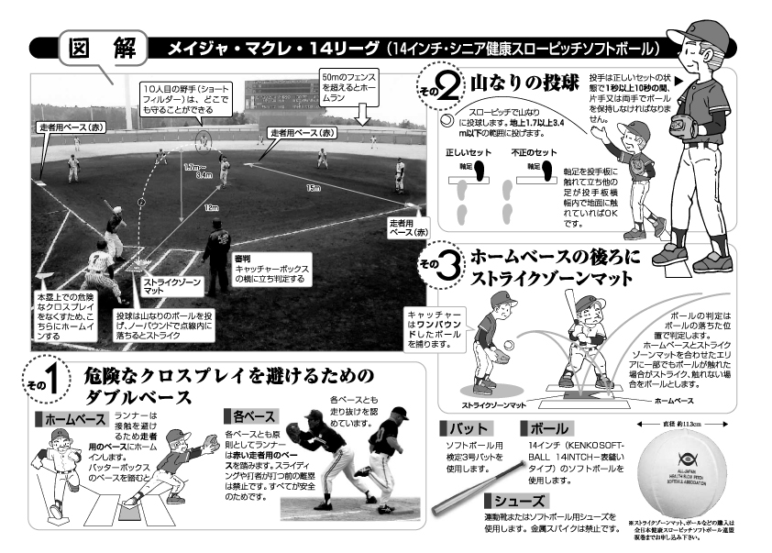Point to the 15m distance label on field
(314, 189)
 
